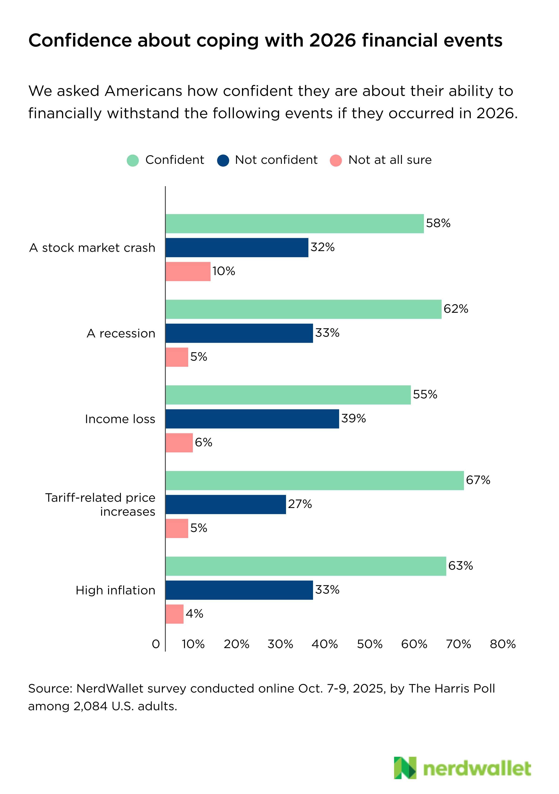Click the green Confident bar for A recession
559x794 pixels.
click(303, 309)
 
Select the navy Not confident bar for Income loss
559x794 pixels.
click(252, 419)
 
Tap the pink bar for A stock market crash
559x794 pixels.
click(188, 272)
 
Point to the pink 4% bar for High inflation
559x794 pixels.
click(174, 614)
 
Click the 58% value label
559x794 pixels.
click(438, 223)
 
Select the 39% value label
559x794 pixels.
click(353, 418)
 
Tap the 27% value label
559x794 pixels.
click(300, 504)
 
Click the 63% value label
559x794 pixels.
click(460, 566)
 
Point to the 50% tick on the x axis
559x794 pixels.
click(370, 644)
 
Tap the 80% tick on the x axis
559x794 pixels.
click(503, 644)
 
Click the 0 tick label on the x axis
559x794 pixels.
click(156, 644)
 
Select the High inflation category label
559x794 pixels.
click(115, 590)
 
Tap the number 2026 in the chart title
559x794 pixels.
click(332, 40)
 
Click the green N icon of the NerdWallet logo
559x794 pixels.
click(405, 768)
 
